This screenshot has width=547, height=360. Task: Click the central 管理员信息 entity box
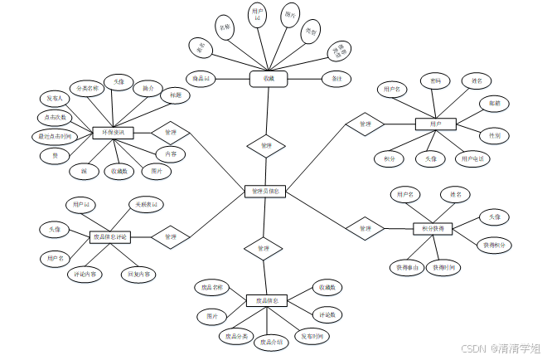pyautogui.click(x=265, y=191)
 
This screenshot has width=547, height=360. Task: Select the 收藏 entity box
pyautogui.click(x=268, y=79)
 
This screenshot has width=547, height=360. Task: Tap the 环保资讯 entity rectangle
pyautogui.click(x=114, y=132)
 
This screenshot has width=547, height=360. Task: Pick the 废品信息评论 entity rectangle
pyautogui.click(x=109, y=237)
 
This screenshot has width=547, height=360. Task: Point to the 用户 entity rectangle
pyautogui.click(x=436, y=124)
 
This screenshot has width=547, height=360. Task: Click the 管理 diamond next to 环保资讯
pyautogui.click(x=171, y=132)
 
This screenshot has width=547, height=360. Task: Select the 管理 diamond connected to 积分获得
pyautogui.click(x=365, y=228)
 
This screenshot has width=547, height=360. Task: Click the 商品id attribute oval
pyautogui.click(x=202, y=79)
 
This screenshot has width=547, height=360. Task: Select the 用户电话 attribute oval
pyautogui.click(x=474, y=158)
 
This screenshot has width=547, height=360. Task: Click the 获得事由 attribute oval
pyautogui.click(x=407, y=267)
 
